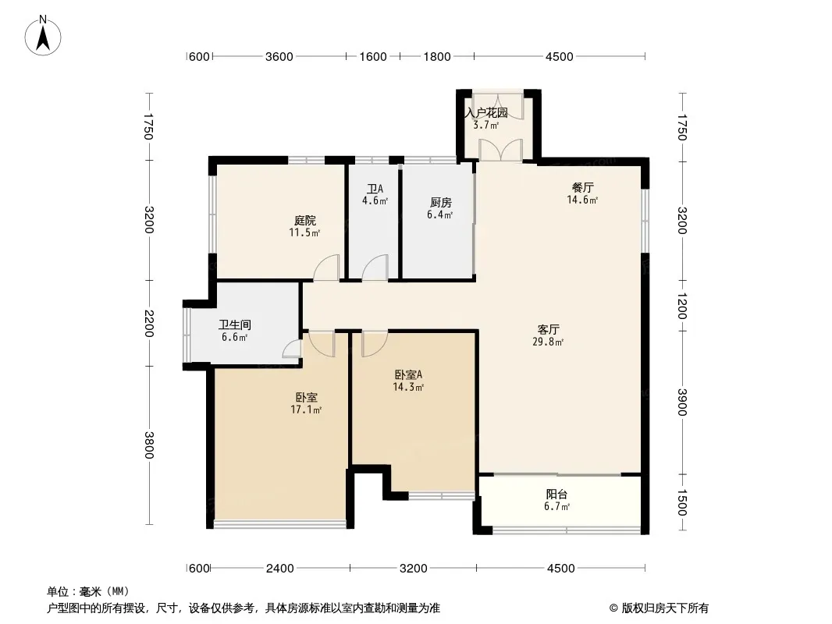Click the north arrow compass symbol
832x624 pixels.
point(43,35)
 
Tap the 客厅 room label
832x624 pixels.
point(548,330)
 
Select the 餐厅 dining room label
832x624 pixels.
point(582,187)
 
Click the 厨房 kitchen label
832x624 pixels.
point(440,203)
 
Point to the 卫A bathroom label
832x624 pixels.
point(375,189)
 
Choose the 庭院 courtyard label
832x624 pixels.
point(304,221)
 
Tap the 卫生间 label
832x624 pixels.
point(234,325)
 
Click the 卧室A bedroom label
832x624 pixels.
point(408,375)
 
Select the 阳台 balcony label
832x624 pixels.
point(556,494)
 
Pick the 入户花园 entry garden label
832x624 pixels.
point(486,113)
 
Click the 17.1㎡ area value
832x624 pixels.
point(306,409)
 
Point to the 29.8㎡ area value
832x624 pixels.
point(548,342)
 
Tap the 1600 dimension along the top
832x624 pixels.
point(373,56)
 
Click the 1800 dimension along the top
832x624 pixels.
point(437,56)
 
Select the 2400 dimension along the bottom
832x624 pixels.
point(279,569)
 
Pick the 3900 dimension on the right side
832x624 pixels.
point(682,402)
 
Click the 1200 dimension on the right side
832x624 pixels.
point(682,306)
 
